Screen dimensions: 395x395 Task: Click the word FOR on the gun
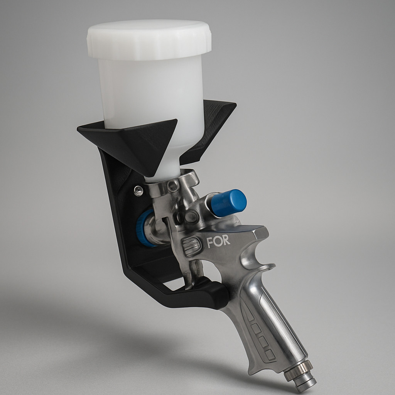coord(218,241)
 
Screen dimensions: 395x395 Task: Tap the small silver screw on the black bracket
coord(138,190)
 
